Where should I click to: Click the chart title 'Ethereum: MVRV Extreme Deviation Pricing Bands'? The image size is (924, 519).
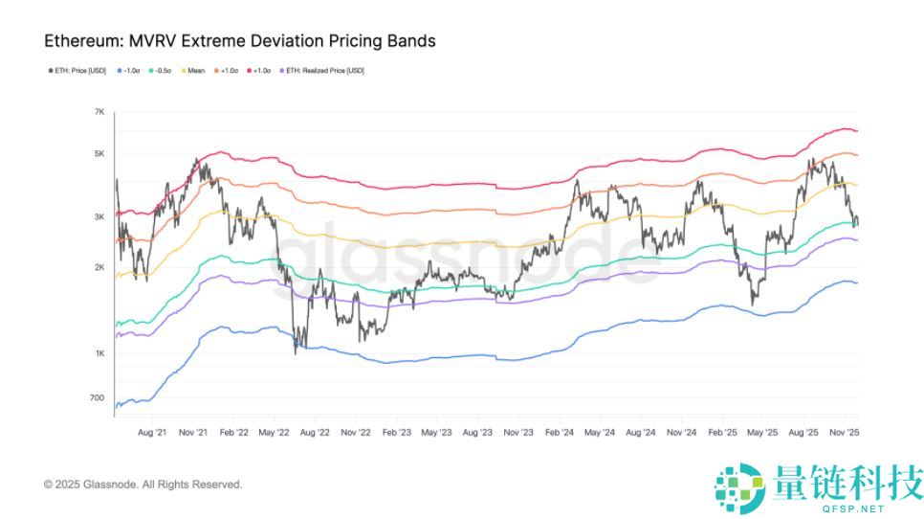coord(240,41)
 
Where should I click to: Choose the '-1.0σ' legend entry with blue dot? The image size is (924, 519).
coord(128,71)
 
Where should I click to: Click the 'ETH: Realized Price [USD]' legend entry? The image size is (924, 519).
coord(324,71)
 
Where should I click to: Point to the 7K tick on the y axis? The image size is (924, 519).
coord(99,113)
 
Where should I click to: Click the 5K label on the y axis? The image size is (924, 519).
coord(99,154)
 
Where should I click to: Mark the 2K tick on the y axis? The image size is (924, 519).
coord(99,267)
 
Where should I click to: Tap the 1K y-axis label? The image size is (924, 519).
coord(99,353)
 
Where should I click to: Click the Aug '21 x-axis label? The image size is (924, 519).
coord(153,432)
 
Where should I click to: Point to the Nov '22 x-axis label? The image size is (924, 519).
coord(356,432)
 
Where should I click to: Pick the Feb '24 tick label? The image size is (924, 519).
coord(559,432)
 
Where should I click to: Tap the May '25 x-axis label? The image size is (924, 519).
coord(762,432)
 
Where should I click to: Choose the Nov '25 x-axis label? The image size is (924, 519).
coord(843,432)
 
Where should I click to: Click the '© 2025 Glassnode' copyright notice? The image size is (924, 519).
coord(143,485)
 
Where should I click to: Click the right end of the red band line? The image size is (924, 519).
coord(856,131)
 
